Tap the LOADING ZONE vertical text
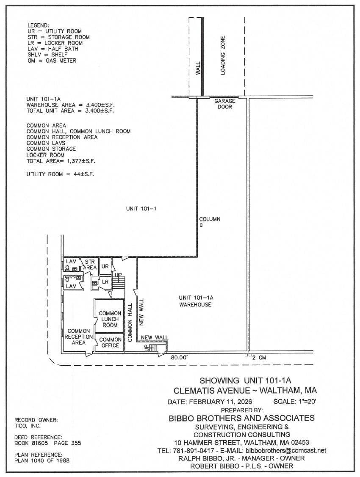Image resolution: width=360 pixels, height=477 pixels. click(223, 55)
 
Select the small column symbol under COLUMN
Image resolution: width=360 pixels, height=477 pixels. click(201, 226)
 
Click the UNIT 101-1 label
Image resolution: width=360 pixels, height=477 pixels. click(139, 208)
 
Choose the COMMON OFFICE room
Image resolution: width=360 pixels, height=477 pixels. click(110, 342)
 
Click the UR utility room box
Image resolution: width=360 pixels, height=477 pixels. click(105, 267)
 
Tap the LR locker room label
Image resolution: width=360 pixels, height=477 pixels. click(105, 282)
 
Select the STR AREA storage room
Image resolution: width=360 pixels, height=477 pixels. click(89, 265)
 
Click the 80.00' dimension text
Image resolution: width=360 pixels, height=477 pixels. click(179, 357)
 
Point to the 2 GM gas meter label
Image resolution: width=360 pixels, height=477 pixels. click(259, 357)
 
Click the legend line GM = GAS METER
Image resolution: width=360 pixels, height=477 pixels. click(52, 61)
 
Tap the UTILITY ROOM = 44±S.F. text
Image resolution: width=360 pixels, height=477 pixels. click(60, 174)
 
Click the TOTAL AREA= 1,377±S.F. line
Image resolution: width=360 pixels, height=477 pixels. click(61, 161)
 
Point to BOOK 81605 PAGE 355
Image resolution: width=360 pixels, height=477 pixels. click(47, 443)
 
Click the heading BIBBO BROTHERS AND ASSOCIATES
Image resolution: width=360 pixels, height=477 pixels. click(241, 418)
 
